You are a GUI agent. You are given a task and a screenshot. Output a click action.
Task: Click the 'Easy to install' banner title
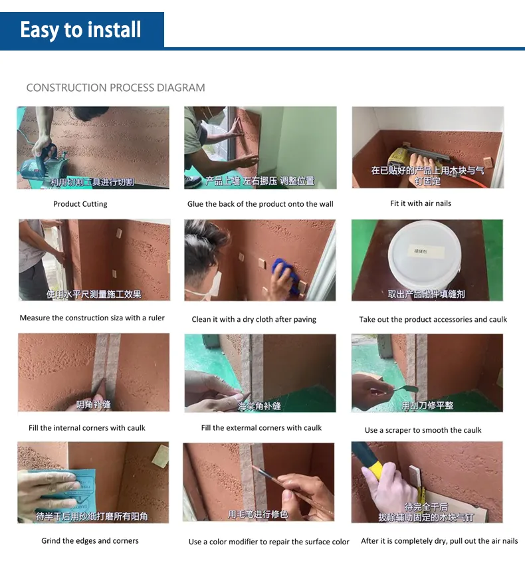coord(80,30)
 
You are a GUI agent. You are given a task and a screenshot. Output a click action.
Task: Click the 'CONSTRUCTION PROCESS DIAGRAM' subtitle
coord(116,88)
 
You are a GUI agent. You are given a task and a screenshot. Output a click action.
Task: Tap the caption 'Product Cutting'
coord(80,204)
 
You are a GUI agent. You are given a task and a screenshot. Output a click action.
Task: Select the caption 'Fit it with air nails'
coord(421,203)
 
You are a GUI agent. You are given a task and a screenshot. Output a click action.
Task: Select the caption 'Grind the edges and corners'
coord(90,541)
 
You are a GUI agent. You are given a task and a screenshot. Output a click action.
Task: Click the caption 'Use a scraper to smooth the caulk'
coord(423,430)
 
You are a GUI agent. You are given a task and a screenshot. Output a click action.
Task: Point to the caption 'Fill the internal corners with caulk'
coord(87,428)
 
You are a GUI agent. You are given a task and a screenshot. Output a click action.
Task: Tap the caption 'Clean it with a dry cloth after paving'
coord(254,319)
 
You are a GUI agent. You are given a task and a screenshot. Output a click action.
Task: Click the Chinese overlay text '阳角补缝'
coord(93,405)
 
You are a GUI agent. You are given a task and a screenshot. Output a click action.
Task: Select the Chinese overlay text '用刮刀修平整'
coord(427,405)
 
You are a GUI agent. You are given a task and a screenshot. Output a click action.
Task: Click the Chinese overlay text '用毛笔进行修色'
coord(258,514)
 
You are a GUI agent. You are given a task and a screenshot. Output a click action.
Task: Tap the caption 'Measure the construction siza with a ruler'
coord(92,318)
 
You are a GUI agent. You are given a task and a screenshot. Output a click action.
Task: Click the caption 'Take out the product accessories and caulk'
coord(433,319)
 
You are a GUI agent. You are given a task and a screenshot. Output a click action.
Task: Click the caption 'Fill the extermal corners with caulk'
coord(261,427)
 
